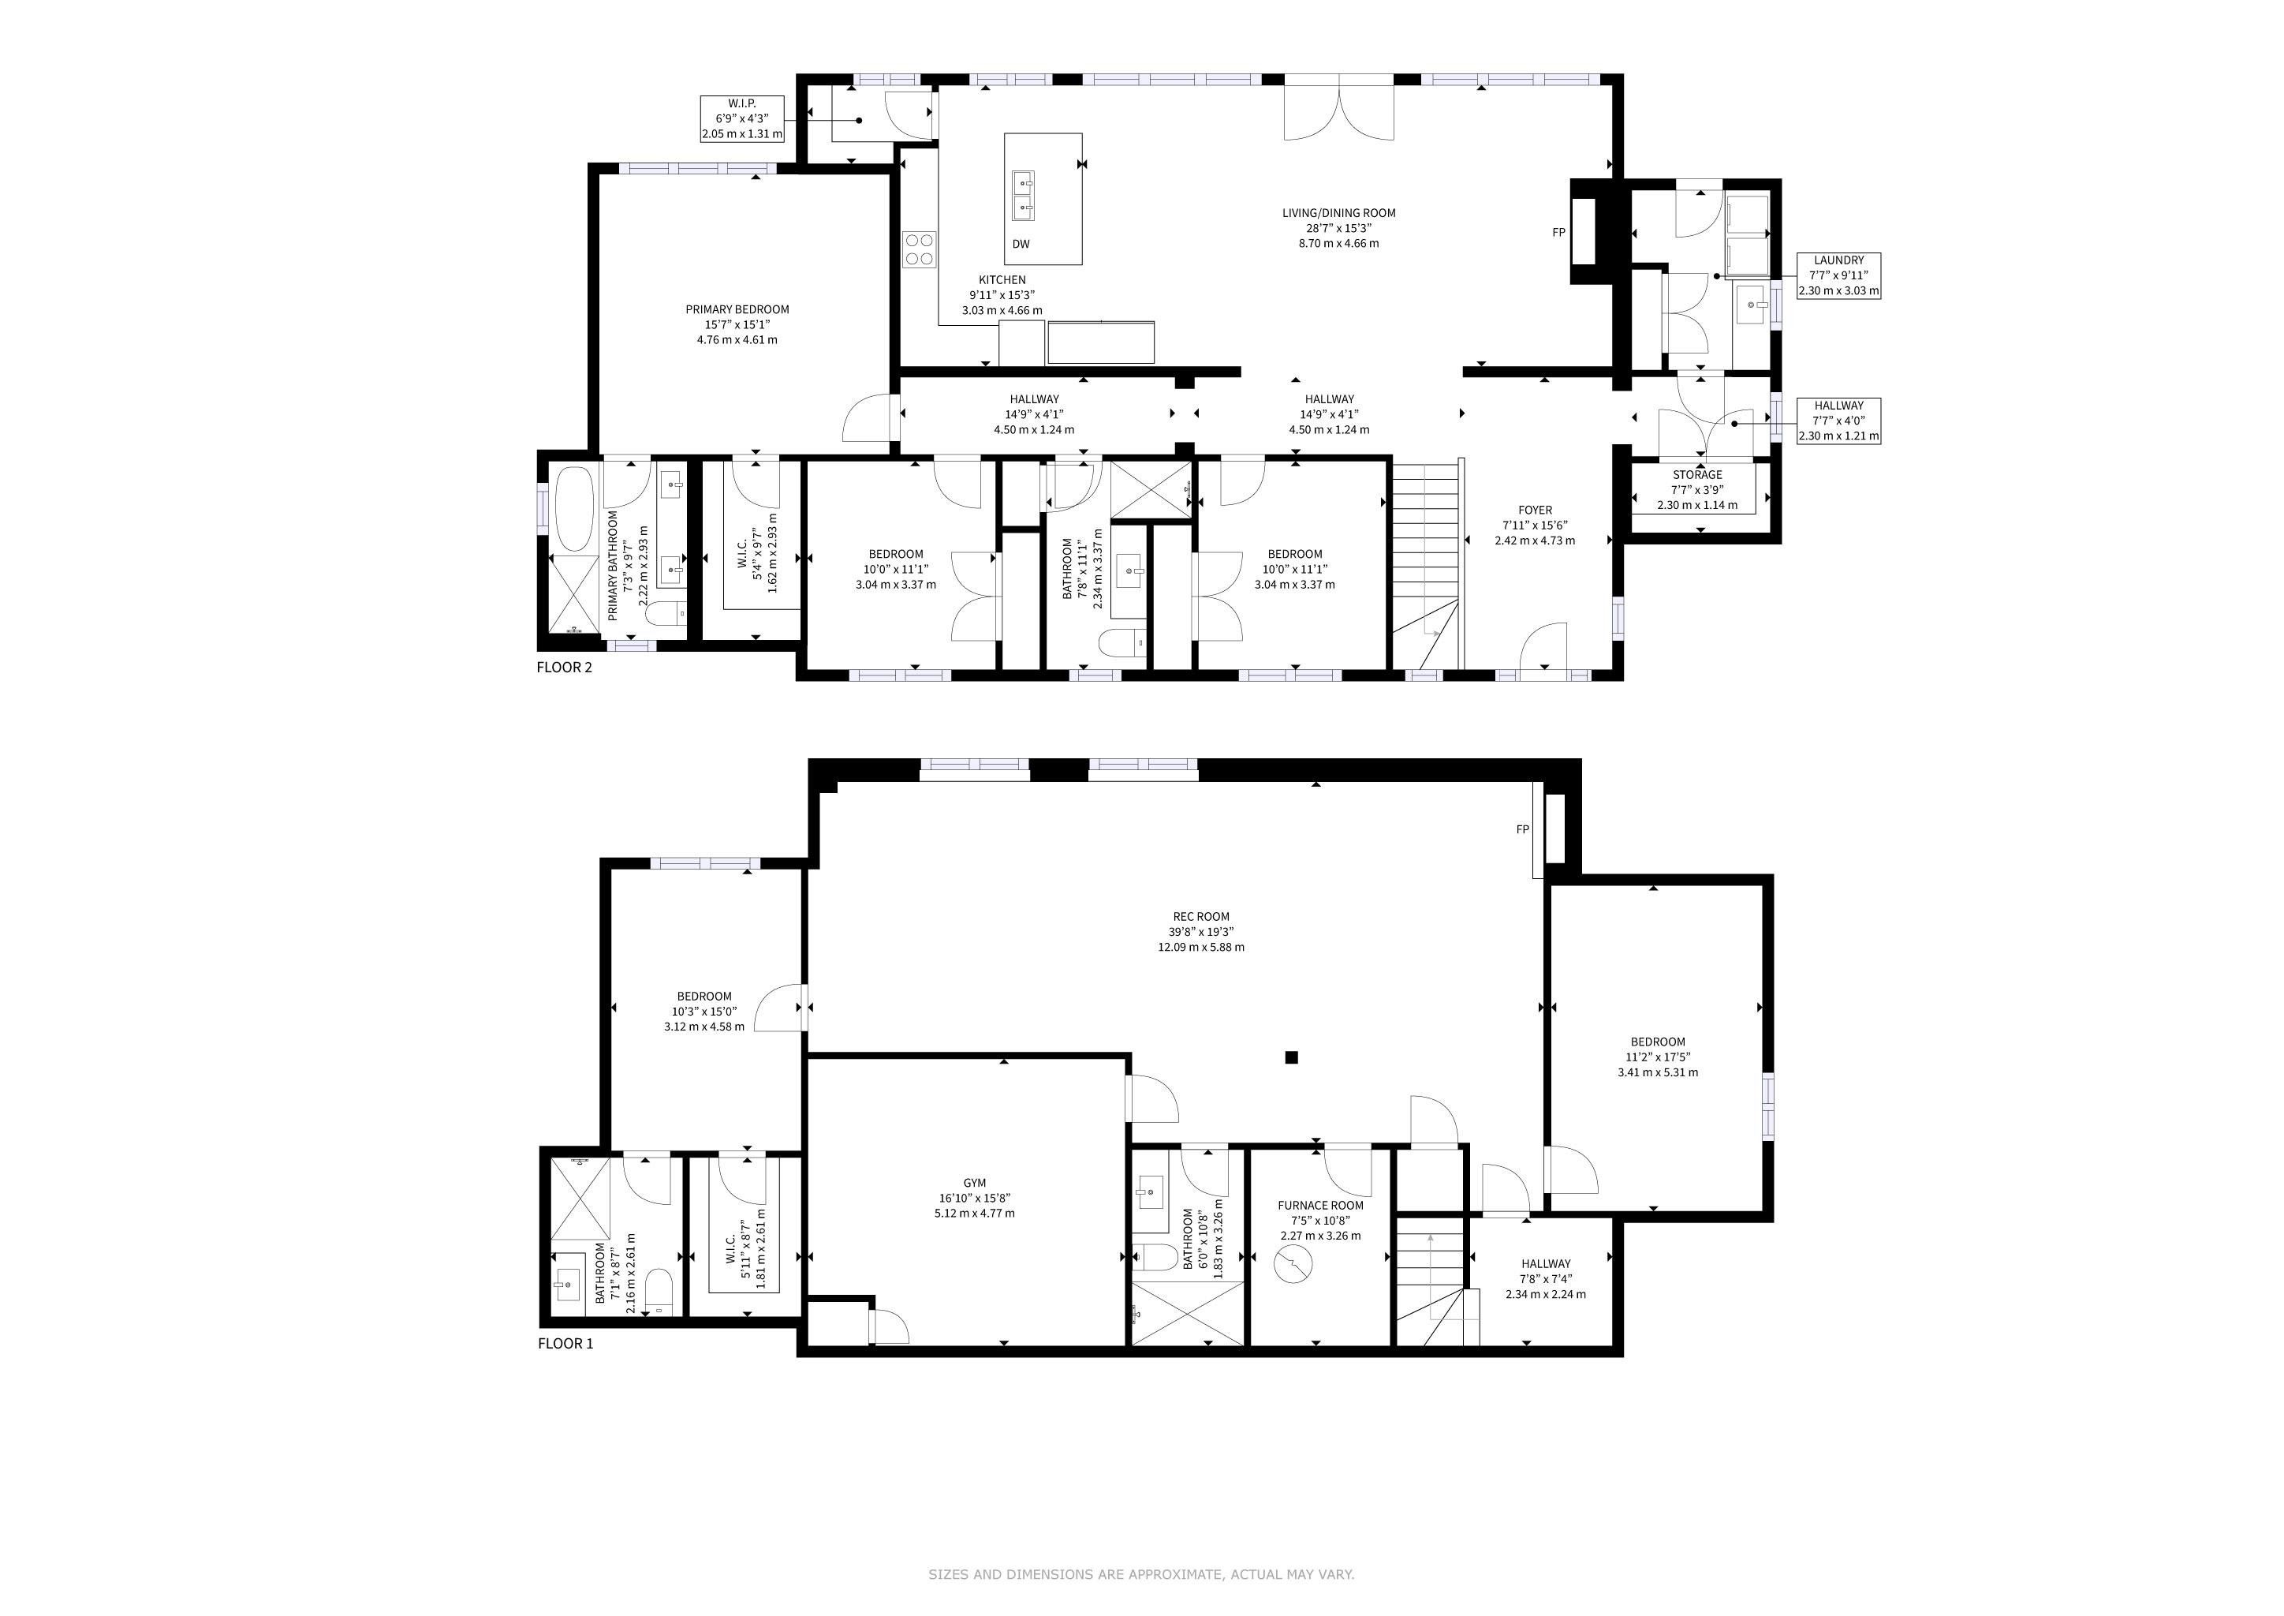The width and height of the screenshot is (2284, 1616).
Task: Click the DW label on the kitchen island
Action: tap(1021, 244)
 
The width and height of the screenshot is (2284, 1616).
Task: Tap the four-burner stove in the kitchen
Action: tap(919, 249)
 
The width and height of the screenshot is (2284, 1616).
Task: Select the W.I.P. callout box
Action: tap(742, 118)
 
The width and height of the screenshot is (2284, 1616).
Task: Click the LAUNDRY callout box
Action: tap(1838, 275)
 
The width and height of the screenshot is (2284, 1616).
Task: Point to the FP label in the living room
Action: tap(1558, 233)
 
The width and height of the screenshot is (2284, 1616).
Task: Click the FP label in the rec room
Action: tap(1522, 829)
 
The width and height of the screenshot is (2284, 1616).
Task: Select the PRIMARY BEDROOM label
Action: tap(737, 309)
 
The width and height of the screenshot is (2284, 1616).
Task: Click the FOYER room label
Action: tap(1535, 511)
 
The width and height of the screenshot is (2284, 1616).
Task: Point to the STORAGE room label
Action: tap(1697, 475)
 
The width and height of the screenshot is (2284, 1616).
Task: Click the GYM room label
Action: tap(975, 1183)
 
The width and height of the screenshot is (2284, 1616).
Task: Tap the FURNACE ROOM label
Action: tap(1320, 1205)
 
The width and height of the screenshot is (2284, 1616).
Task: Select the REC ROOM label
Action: tap(1200, 916)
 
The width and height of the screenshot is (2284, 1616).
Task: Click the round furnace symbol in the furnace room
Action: tap(1293, 1265)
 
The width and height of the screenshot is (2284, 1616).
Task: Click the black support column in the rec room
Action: tap(1291, 1058)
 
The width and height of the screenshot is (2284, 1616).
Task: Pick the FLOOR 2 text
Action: tap(564, 667)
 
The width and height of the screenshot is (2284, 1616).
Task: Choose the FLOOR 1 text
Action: tap(565, 1343)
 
